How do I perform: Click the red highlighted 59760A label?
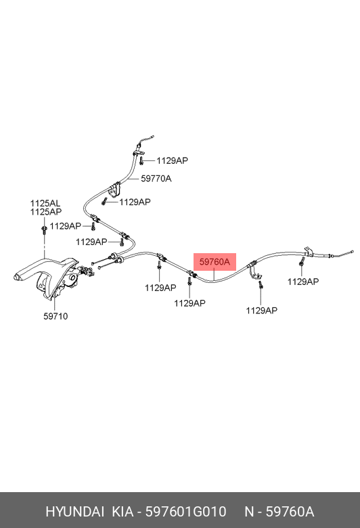click(215, 262)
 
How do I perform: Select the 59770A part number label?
click(156, 179)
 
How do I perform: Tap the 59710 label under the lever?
click(55, 316)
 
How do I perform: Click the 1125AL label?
click(45, 203)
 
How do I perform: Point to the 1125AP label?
click(46, 212)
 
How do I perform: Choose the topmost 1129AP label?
click(172, 160)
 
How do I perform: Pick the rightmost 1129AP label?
click(302, 282)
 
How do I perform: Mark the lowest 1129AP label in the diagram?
click(262, 311)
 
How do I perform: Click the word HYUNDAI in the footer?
click(74, 512)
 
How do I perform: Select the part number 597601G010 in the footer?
click(185, 512)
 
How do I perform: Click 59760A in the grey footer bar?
click(290, 512)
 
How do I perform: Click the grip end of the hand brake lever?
click(17, 278)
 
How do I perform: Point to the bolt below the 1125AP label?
click(44, 229)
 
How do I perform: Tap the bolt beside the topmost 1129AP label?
click(142, 160)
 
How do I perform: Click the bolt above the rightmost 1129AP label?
click(302, 262)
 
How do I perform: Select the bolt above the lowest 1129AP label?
click(261, 285)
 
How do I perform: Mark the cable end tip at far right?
click(352, 251)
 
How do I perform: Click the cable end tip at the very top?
click(152, 137)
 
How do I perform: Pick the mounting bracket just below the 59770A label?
click(114, 190)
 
